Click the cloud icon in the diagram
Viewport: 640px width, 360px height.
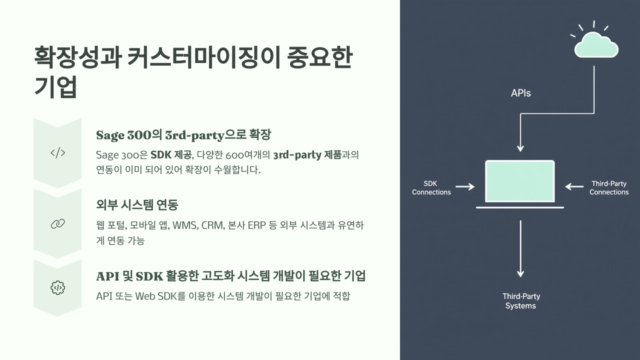(x=596, y=45)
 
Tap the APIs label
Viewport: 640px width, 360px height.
(x=520, y=93)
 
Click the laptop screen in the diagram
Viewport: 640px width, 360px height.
(x=520, y=181)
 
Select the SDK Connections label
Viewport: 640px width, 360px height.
(x=431, y=187)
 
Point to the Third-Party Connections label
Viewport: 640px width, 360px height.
(x=609, y=187)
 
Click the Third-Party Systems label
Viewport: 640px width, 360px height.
(x=521, y=301)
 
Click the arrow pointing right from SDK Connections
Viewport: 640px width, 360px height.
(x=465, y=187)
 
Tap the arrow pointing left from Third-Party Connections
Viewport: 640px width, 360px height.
(x=574, y=187)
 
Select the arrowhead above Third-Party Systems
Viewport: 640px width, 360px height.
(x=520, y=273)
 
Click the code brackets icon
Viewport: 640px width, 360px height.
(x=57, y=153)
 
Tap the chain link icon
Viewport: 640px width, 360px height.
(x=57, y=224)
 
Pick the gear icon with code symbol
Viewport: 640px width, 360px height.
(x=57, y=287)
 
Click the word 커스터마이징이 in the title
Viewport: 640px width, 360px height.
(x=203, y=57)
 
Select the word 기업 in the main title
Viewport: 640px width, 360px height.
(x=55, y=86)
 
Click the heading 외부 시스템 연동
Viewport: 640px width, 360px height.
(x=137, y=205)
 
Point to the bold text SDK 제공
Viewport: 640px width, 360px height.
(x=171, y=155)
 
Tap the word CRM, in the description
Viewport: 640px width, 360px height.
(x=213, y=225)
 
